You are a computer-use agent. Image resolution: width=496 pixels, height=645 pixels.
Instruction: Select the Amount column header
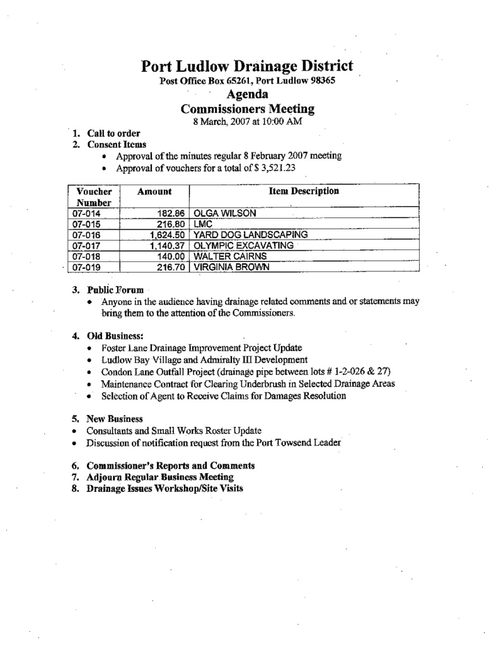154,191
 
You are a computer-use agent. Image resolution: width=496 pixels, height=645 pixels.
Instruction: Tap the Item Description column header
304,191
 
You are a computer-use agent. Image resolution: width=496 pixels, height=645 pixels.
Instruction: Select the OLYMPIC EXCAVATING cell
243,246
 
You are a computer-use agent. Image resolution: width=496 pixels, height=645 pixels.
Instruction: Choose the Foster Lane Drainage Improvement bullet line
202,347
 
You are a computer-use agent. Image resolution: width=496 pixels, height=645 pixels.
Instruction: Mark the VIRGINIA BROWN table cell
231,267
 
